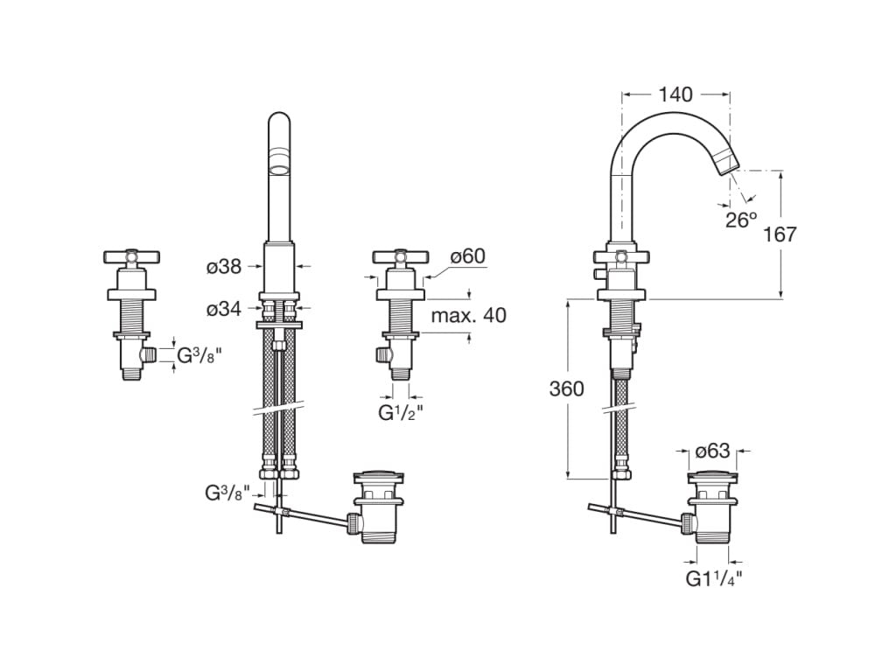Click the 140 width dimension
[675, 94]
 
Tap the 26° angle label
[742, 219]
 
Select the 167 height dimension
[779, 234]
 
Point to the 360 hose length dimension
[567, 388]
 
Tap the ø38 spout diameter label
[225, 266]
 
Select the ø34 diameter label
[225, 309]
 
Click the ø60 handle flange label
[467, 256]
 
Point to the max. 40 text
[469, 315]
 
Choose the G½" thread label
[401, 413]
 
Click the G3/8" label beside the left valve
[199, 355]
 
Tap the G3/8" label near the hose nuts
[227, 493]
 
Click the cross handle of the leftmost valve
[132, 257]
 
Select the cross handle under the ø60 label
[401, 257]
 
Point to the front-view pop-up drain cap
[380, 475]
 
